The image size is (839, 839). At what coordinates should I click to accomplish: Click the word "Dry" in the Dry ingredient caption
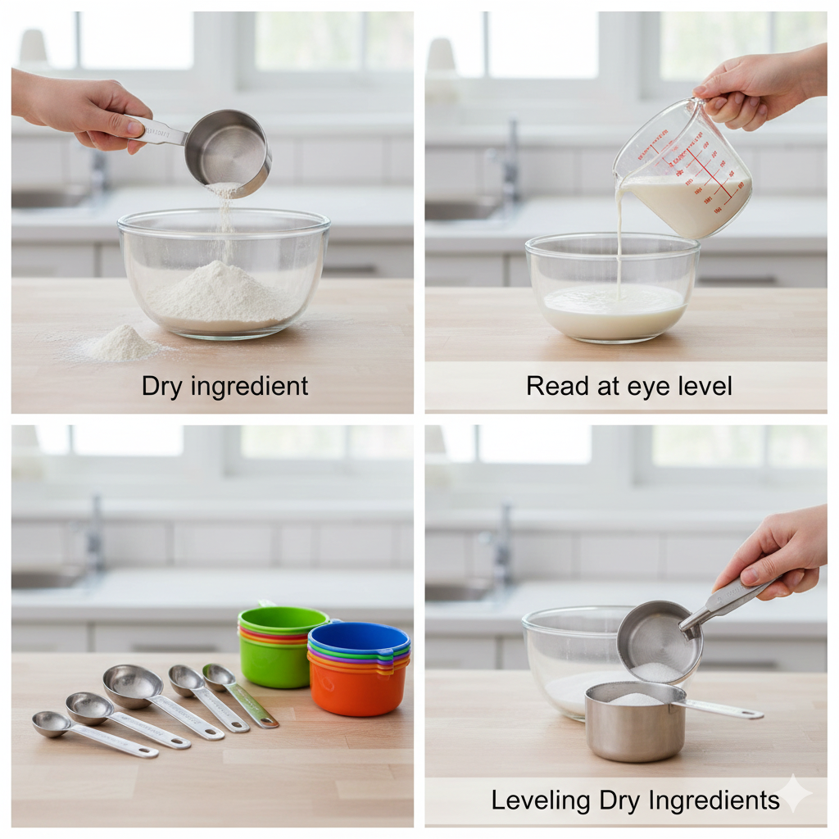(x=162, y=386)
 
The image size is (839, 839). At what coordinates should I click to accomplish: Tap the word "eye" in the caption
(x=628, y=386)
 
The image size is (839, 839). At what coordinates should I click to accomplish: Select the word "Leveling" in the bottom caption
(x=540, y=800)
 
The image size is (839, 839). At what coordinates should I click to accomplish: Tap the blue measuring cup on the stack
(x=358, y=636)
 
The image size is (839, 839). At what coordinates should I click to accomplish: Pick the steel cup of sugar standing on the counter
(x=636, y=721)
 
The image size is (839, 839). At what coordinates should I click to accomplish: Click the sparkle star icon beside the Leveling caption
(x=794, y=793)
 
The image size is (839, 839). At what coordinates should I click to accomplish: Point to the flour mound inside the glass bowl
(x=218, y=296)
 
